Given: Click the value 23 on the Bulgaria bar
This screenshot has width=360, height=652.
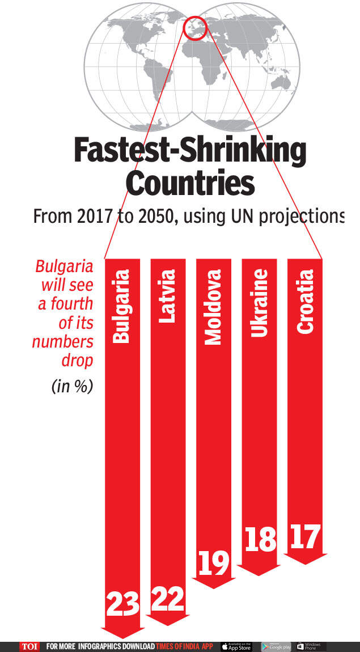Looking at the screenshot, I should coord(122,604).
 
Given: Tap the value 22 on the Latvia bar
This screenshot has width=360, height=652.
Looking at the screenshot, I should coord(168,599).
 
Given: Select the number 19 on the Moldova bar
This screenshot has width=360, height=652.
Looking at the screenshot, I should coord(214,563).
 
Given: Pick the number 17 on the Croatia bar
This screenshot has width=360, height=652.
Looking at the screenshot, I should coord(305,536).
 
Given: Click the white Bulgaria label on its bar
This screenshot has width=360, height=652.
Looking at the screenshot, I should coord(122,306).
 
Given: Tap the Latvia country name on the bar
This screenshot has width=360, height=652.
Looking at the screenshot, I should coord(167,296).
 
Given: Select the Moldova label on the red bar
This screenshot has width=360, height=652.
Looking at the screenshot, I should coord(213,307).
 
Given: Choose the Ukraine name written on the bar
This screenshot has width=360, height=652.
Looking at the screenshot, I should coord(259,303).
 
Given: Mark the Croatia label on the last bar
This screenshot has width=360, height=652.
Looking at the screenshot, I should coord(305,301).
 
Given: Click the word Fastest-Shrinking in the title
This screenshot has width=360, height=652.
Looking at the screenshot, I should coord(190,152).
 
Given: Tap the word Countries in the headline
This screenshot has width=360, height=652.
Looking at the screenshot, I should coord(189,184).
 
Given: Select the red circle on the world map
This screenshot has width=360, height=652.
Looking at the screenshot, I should coord(194,28).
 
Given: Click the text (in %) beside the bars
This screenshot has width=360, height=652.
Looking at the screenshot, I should coord(72,387).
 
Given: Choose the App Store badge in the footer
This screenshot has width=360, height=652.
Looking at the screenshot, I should coord(236,646).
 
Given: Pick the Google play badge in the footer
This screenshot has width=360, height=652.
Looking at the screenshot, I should coord(276,646).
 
